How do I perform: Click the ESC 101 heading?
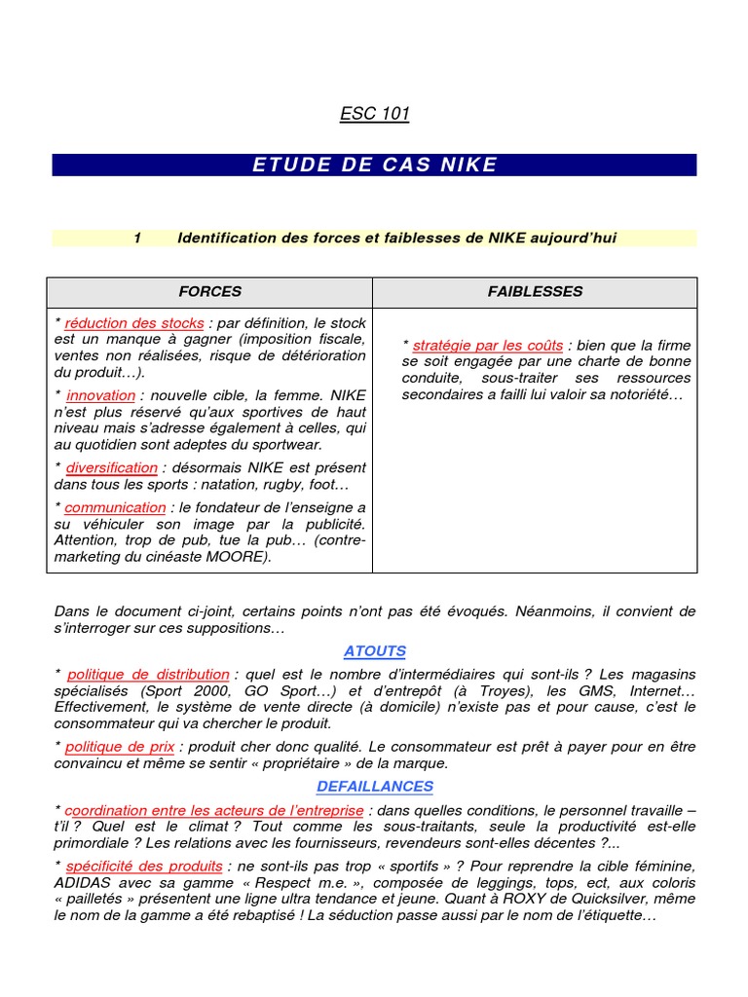(x=374, y=114)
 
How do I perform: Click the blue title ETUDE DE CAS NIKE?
(x=374, y=165)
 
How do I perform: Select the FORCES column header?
(x=209, y=291)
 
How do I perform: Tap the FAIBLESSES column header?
(x=535, y=291)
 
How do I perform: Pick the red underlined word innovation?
(x=100, y=395)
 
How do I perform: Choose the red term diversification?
(x=111, y=467)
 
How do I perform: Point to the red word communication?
(x=115, y=507)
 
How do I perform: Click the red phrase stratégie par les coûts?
(x=487, y=346)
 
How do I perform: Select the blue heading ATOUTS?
(x=374, y=651)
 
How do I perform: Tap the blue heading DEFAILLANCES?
(x=374, y=787)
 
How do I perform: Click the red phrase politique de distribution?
(x=148, y=675)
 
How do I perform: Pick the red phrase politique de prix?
(x=120, y=747)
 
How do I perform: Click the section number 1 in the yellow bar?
(x=138, y=238)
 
